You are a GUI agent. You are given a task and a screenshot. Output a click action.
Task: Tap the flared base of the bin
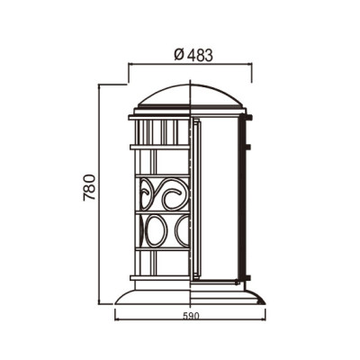click(190, 292)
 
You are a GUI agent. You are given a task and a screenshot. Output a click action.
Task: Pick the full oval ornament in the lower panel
click(156, 230)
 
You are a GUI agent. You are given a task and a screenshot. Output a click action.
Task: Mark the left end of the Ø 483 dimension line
click(129, 64)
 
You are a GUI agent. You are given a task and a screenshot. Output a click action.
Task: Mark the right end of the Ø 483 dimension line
click(251, 64)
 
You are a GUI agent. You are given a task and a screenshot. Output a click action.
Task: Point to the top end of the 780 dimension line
click(100, 84)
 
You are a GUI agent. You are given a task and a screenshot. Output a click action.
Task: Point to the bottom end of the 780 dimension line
click(100, 304)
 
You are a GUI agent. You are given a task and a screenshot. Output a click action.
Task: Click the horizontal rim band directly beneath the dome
click(190, 116)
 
